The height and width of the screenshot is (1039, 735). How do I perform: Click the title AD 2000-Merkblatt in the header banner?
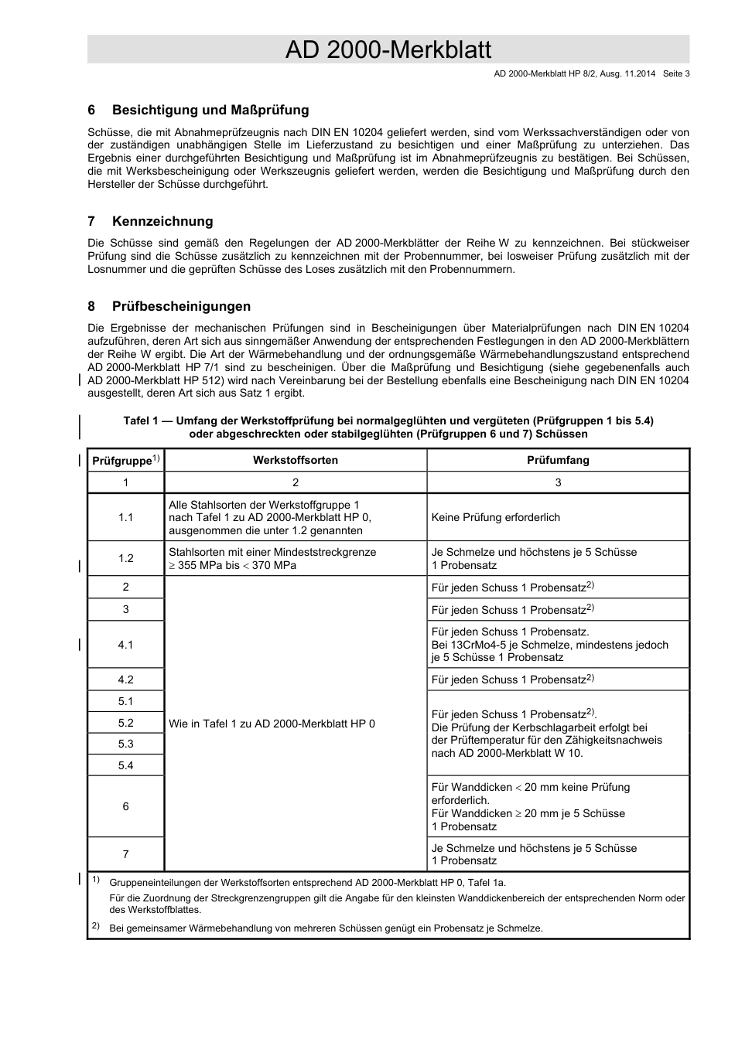[x=388, y=49]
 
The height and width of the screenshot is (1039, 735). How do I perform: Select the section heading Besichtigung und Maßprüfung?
[x=210, y=110]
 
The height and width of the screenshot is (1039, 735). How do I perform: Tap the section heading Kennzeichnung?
[x=162, y=221]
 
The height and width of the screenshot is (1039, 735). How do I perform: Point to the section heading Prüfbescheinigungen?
[x=182, y=306]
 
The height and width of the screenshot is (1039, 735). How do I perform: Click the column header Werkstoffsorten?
[x=295, y=460]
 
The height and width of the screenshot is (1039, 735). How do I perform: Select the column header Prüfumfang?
[x=558, y=460]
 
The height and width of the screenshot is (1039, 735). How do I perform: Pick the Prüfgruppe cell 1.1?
[x=125, y=517]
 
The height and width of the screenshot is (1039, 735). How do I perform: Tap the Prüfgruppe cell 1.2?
[x=125, y=558]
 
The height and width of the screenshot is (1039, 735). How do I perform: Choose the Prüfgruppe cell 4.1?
[x=125, y=645]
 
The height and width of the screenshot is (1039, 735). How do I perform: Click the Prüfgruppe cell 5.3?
[x=125, y=744]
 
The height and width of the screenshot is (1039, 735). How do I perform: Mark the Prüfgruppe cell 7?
[x=125, y=854]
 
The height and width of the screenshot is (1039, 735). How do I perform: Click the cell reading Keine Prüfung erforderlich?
[x=495, y=517]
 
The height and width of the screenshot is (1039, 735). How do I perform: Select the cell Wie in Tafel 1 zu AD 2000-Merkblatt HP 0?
[x=272, y=724]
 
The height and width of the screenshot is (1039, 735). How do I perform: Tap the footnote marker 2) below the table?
[x=96, y=926]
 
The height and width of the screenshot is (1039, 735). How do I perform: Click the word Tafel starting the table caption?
[x=138, y=421]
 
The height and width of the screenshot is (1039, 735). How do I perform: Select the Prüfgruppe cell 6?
[x=125, y=806]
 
